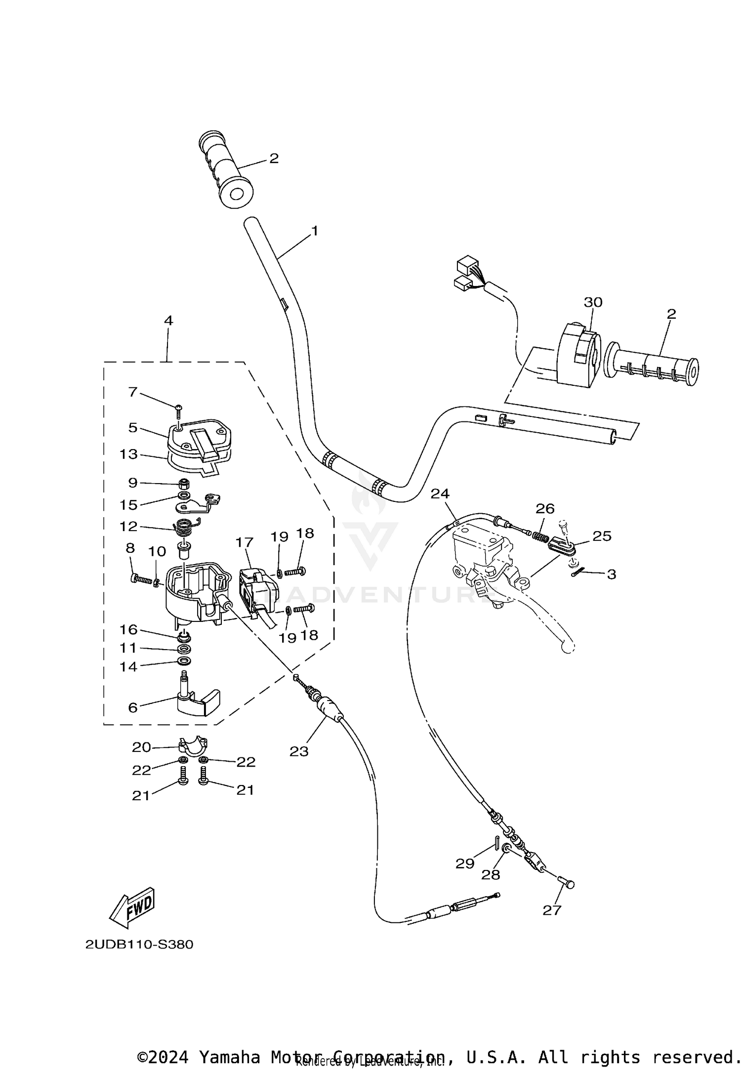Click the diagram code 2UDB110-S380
(x=139, y=944)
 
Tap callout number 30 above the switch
(x=593, y=302)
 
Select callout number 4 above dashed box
(x=168, y=320)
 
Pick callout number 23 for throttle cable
(x=298, y=751)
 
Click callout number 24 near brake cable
(x=440, y=494)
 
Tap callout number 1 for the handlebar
(x=314, y=231)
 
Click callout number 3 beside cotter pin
(x=611, y=574)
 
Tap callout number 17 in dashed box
(x=244, y=542)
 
